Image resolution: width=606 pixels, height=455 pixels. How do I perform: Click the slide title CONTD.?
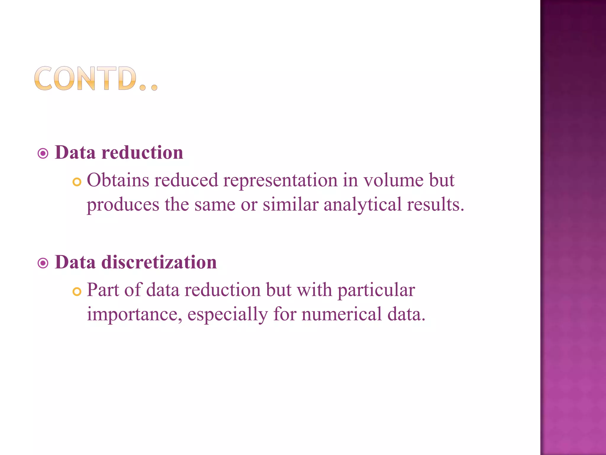(96, 78)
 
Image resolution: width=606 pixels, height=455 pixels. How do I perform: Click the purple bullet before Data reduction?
(43, 153)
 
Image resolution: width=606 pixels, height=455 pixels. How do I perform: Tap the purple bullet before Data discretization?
(43, 263)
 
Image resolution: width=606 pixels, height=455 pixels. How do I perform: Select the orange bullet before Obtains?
(77, 182)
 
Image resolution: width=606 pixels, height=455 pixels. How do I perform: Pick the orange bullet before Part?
(77, 292)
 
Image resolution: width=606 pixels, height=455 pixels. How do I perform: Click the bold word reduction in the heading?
(142, 153)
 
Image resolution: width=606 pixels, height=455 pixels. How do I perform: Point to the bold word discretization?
(159, 262)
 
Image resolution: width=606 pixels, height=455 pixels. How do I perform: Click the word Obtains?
(118, 180)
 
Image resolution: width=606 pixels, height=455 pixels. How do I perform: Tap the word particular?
(376, 290)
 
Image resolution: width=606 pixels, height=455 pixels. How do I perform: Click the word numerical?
(342, 314)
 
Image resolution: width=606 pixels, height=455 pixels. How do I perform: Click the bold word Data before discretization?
(75, 262)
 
